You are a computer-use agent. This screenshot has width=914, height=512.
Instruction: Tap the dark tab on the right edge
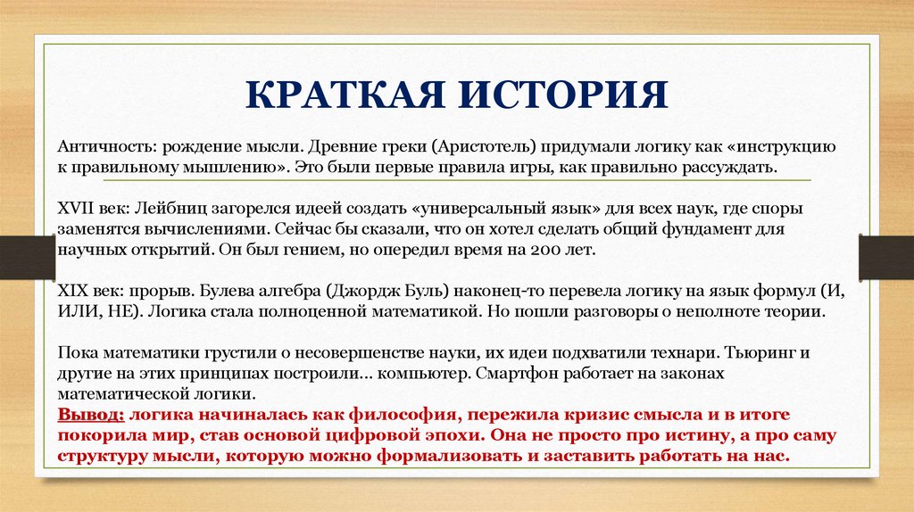pos(885,255)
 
